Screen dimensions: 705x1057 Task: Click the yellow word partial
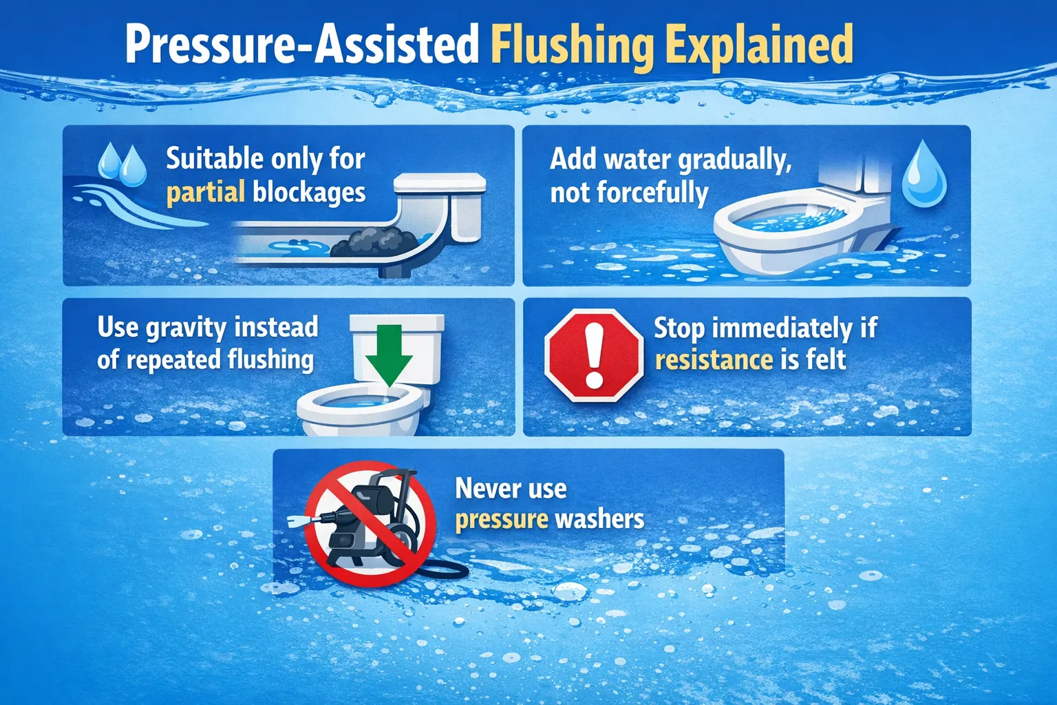click(205, 192)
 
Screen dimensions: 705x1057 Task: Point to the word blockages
click(309, 192)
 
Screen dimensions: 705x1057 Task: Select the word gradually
click(735, 160)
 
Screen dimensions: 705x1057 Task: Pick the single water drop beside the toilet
click(924, 176)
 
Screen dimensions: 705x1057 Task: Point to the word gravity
click(186, 328)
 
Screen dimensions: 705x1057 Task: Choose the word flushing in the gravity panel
click(270, 359)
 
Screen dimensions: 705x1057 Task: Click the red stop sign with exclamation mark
click(593, 355)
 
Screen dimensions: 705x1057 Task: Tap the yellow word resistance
click(714, 359)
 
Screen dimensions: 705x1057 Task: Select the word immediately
click(782, 328)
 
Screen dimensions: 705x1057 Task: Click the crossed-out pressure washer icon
click(370, 523)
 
